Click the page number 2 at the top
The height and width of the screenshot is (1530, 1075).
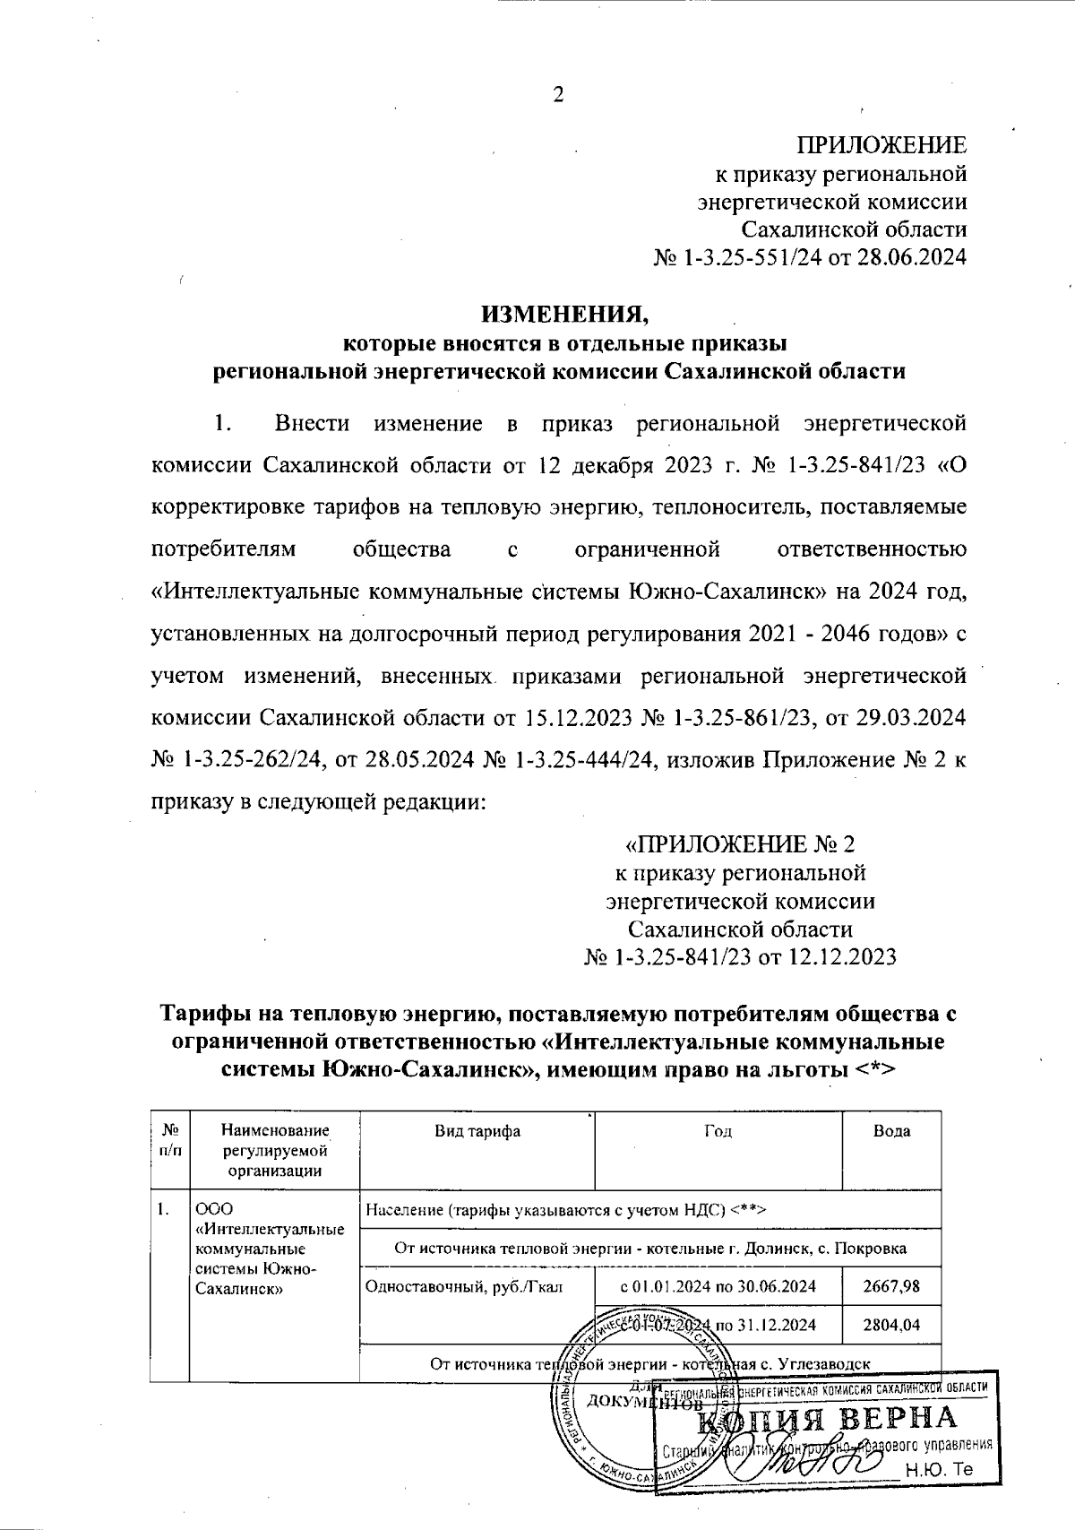[558, 95]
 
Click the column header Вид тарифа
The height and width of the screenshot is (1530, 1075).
[477, 1131]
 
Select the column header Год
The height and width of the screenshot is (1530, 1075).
[718, 1131]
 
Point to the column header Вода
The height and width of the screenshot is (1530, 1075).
[891, 1131]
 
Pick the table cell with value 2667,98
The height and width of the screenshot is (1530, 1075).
[891, 1286]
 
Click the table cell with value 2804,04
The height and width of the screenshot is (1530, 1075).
[891, 1324]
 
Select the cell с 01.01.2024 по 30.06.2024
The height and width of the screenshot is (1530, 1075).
[718, 1286]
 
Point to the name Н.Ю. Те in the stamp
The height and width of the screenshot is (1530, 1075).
[938, 1470]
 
